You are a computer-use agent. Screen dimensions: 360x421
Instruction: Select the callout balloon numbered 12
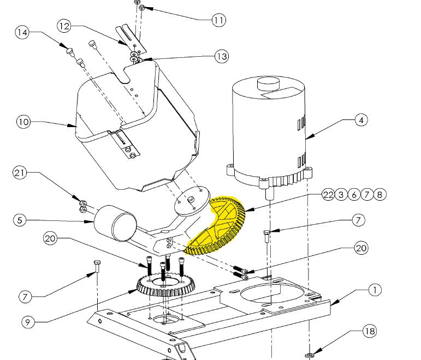(64, 26)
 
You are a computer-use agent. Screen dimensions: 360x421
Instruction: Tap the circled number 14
(22, 33)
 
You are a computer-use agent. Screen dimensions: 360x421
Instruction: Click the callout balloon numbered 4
(360, 121)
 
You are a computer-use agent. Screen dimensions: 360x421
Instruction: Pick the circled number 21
(20, 173)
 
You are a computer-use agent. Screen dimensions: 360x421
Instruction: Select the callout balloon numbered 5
(20, 221)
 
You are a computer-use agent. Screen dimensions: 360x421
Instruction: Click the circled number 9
(30, 322)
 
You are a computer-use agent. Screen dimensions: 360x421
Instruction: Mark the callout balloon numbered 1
(374, 290)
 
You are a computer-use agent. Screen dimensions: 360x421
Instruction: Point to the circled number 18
(370, 331)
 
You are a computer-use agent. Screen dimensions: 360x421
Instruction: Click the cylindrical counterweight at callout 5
(116, 222)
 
